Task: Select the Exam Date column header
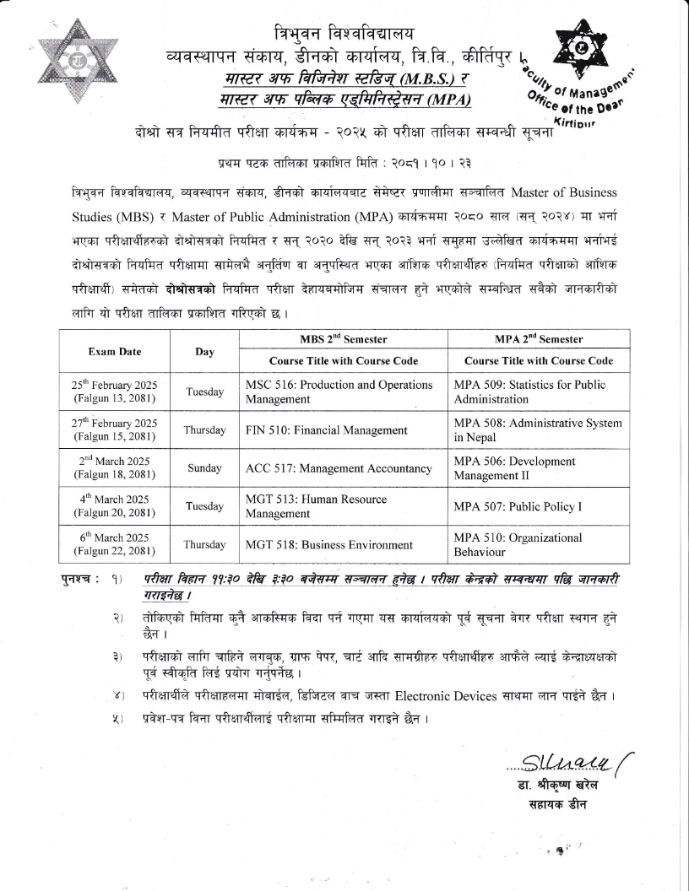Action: pos(114,351)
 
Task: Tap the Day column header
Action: pos(204,351)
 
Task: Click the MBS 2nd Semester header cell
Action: pos(344,339)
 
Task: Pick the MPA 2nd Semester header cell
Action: pos(539,339)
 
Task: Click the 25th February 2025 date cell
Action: pos(114,391)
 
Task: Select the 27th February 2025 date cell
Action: pos(114,429)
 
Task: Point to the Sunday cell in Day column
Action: pos(204,468)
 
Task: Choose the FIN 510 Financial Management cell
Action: pos(327,430)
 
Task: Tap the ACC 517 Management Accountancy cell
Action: pos(338,469)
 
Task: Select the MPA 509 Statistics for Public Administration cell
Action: pos(530,391)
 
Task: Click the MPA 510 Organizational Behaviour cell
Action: pos(518,544)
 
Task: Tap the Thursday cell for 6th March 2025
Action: pos(204,544)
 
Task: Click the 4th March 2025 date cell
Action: pos(114,506)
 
